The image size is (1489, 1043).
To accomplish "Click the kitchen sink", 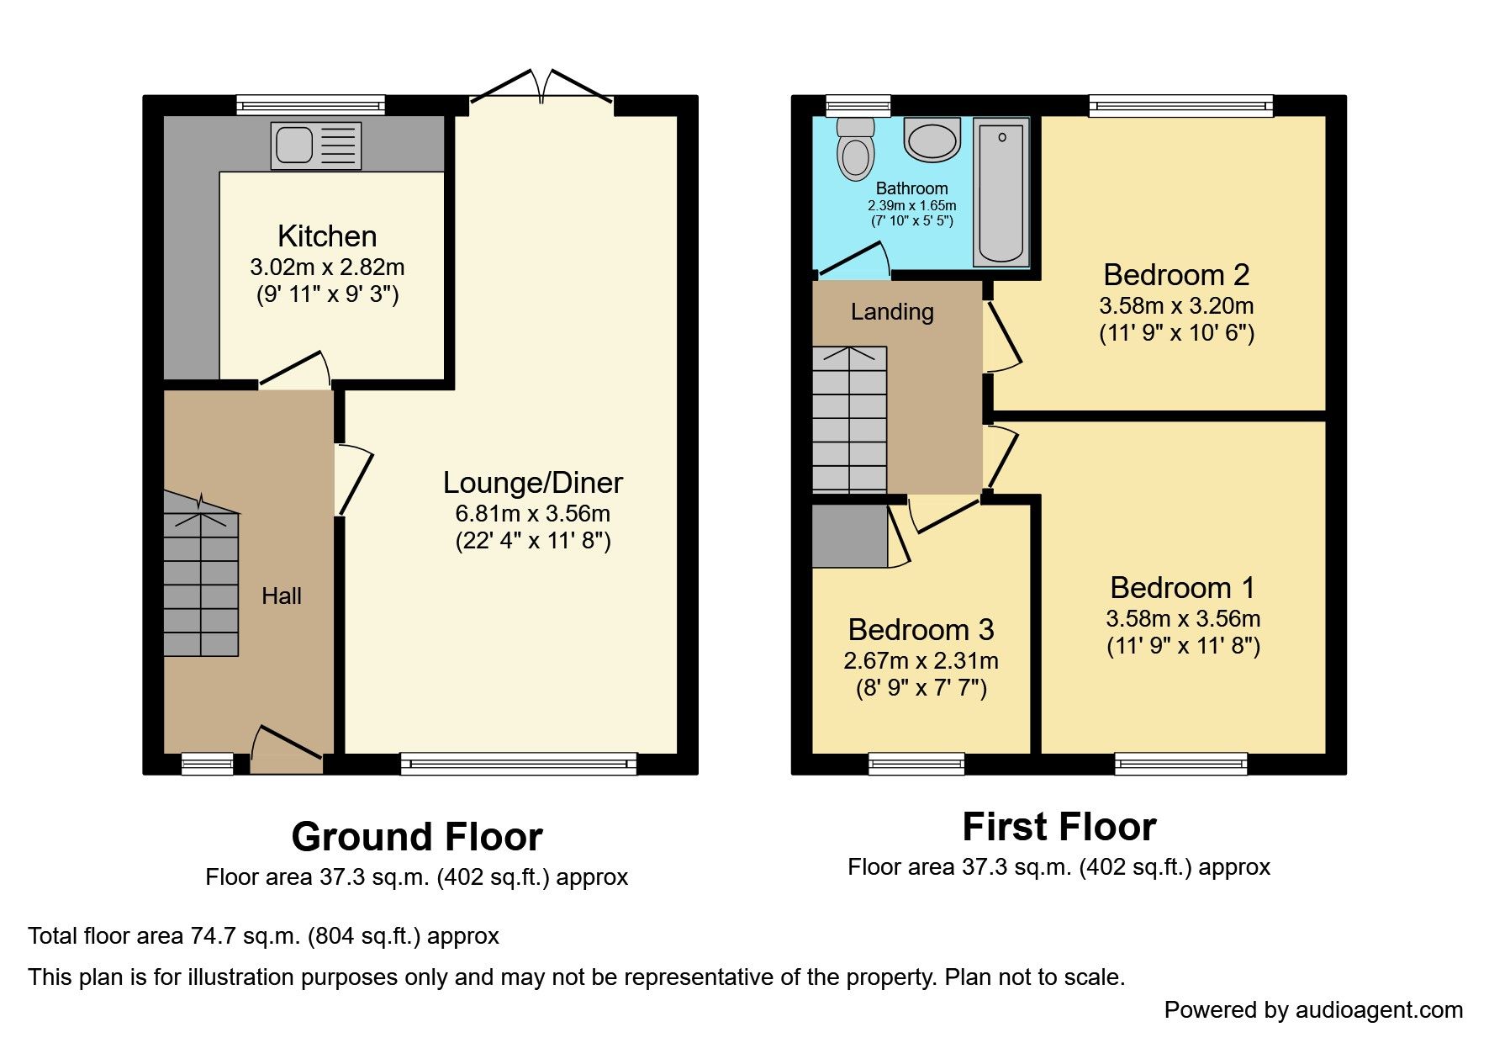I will (315, 146).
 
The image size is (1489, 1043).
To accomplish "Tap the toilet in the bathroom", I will (856, 151).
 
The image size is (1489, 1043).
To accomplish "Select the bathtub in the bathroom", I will (1001, 193).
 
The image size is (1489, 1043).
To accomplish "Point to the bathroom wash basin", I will (932, 140).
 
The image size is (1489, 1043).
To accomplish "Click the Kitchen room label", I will (327, 236).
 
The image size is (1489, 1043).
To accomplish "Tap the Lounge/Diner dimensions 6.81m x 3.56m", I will (532, 513).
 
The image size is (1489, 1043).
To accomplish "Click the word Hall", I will (281, 596).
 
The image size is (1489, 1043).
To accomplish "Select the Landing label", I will (892, 312).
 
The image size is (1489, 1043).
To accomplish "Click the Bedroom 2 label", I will (1175, 275).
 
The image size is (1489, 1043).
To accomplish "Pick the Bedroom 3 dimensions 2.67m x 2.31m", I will (921, 661).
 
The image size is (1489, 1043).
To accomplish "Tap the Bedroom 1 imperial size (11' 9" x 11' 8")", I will (1183, 646).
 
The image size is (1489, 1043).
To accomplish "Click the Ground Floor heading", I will (417, 837).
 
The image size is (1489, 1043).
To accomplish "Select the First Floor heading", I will (1059, 827).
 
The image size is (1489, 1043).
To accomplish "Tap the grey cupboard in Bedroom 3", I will (849, 536).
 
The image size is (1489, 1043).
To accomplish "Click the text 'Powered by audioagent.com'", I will (1312, 1010).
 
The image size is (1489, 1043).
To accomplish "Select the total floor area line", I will (263, 936).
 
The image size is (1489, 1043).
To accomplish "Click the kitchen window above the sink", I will (310, 105).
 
